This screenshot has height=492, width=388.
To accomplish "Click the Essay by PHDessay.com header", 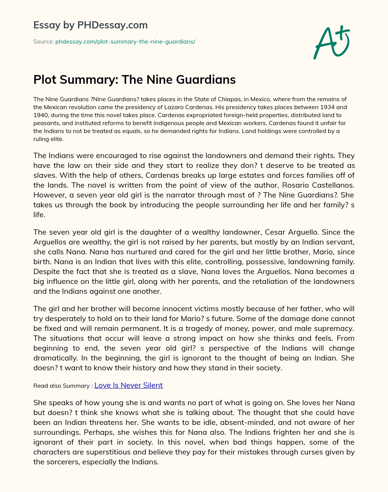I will click(x=91, y=25).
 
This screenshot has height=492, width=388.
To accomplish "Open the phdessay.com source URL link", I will click(x=125, y=42).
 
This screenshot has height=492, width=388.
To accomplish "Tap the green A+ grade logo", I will click(x=331, y=42).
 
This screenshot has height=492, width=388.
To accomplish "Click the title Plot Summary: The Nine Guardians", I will click(x=135, y=80).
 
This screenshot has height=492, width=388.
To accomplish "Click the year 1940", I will click(x=41, y=115).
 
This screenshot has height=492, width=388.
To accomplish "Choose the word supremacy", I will click(x=335, y=328).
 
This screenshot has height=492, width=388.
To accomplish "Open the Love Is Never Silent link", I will click(x=128, y=385).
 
